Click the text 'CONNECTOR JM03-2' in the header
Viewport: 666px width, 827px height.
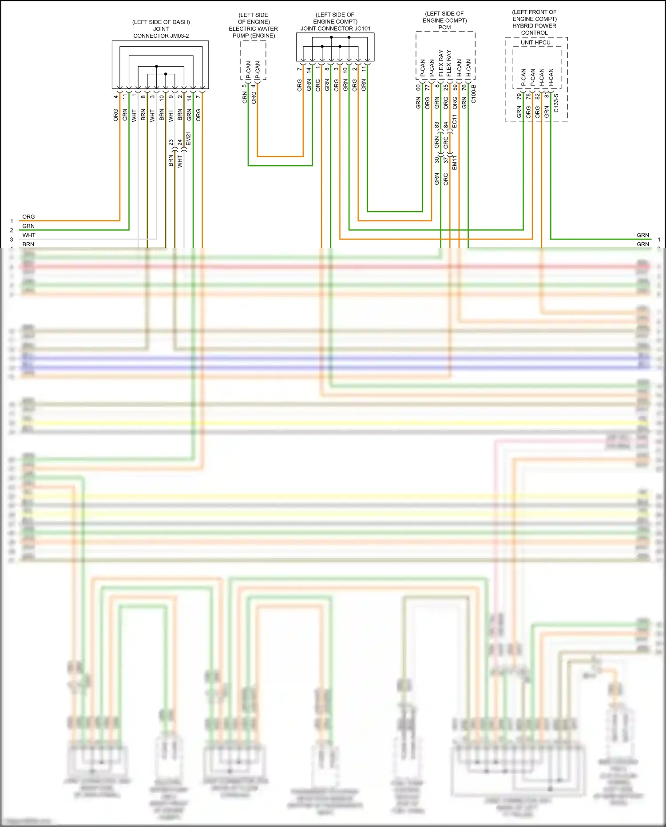[161, 36]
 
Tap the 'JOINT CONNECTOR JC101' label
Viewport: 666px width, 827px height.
[335, 28]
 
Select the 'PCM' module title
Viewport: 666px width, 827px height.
[444, 28]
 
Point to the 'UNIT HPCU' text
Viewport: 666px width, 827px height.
[535, 43]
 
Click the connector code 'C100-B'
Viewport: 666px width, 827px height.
[473, 94]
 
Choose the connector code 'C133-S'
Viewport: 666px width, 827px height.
[556, 103]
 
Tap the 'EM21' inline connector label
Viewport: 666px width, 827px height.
[188, 138]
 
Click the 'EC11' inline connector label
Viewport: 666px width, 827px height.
[454, 121]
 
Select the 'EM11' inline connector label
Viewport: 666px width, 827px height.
[454, 163]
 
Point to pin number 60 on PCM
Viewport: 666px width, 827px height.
[418, 88]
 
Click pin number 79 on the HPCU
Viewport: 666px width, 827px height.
[519, 96]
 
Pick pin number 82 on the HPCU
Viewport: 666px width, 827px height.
[537, 96]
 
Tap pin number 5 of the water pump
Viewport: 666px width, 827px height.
[244, 86]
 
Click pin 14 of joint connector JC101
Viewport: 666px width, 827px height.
[309, 69]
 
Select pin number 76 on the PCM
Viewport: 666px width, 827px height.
[464, 88]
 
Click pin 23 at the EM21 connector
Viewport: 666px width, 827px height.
[171, 143]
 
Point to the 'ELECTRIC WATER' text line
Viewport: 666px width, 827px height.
[253, 29]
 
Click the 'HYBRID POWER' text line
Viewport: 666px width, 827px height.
[534, 26]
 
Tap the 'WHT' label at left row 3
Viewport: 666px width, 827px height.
[29, 235]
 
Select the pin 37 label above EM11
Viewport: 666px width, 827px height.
[446, 160]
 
